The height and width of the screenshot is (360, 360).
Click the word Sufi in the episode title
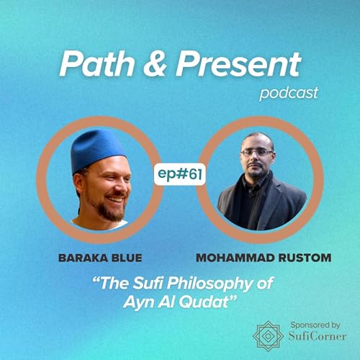pyautogui.click(x=141, y=283)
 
